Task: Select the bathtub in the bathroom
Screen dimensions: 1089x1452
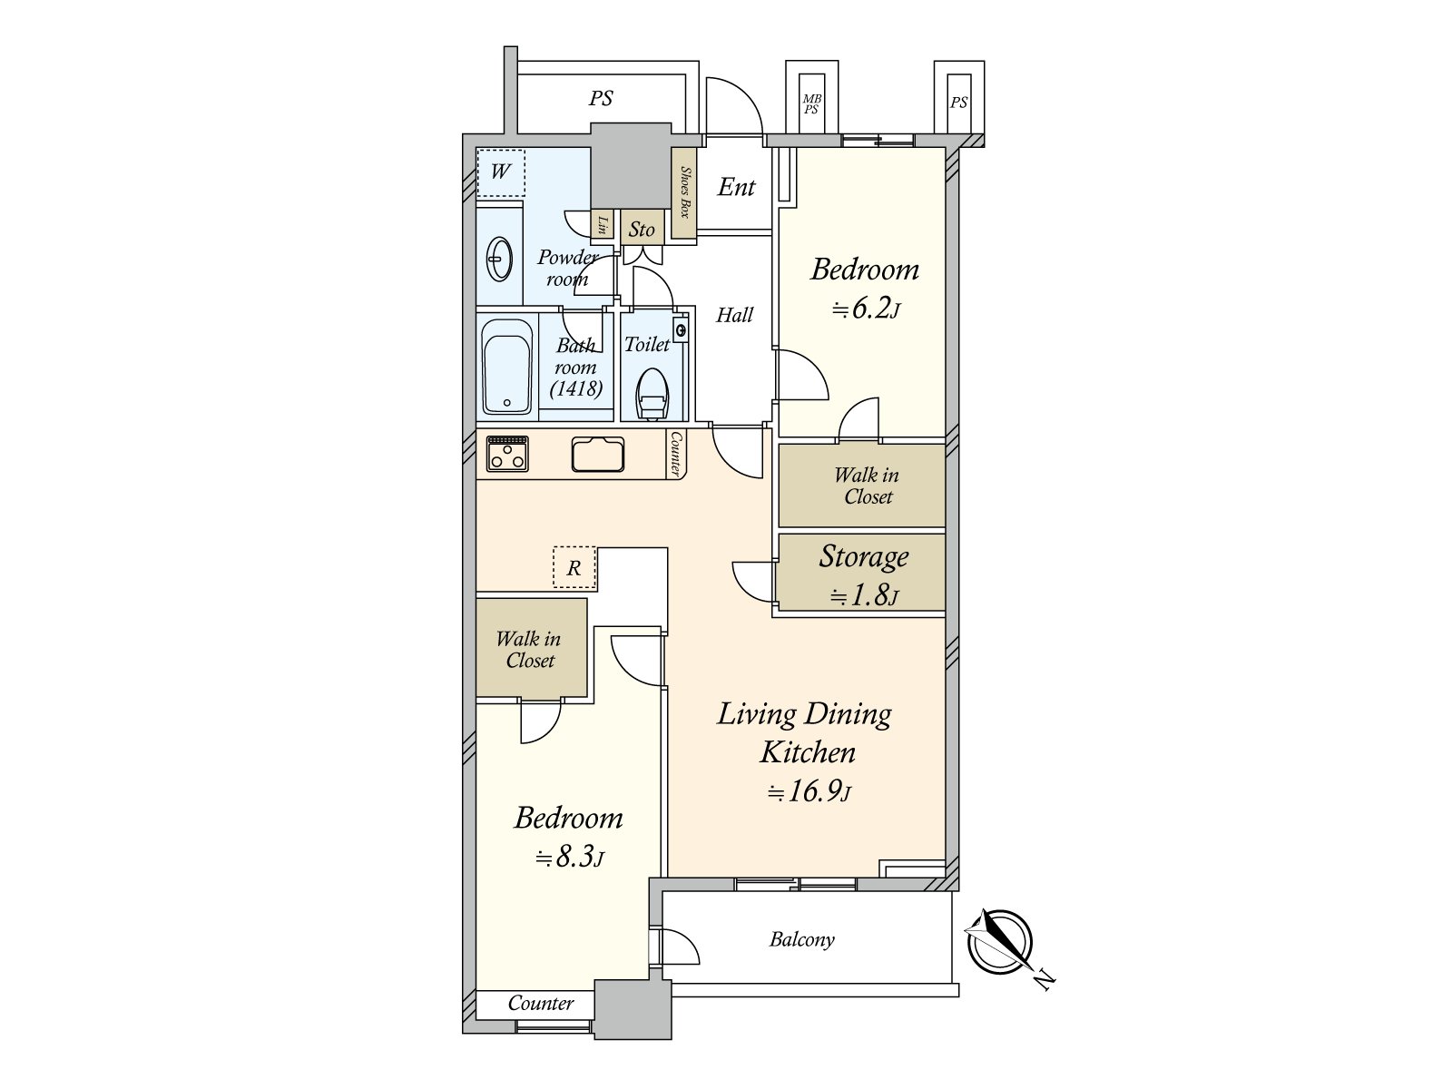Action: (x=506, y=367)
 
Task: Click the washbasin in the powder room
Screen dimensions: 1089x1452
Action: (x=500, y=259)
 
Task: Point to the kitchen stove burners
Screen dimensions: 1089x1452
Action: (x=508, y=453)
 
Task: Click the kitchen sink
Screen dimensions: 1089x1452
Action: (x=598, y=454)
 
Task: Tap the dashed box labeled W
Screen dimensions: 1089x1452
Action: (x=500, y=172)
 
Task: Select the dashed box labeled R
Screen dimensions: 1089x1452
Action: (x=574, y=568)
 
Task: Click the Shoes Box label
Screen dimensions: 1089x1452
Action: (x=685, y=192)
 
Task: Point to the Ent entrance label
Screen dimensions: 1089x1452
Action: (x=736, y=188)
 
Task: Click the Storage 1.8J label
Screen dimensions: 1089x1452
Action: (x=863, y=574)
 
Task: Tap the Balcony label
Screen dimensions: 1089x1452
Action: (x=801, y=939)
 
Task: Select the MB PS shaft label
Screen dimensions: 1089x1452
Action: (x=811, y=104)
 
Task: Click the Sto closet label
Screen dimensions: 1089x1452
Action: (x=642, y=230)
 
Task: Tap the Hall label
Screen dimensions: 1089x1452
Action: (x=734, y=316)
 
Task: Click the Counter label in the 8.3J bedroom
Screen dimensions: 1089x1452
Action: (x=540, y=1003)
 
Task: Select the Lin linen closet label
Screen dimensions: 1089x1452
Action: (x=601, y=225)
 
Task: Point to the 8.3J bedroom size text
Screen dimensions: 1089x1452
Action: (x=569, y=857)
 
